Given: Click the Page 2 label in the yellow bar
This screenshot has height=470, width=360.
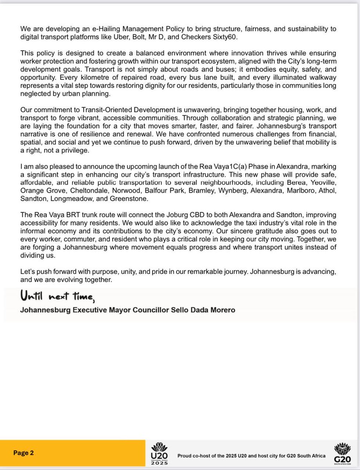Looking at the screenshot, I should (x=24, y=452).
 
